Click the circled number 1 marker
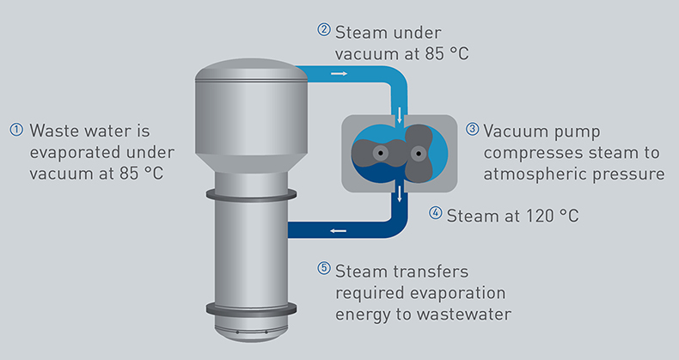tap(15, 131)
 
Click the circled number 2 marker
tap(324, 29)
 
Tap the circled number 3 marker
tap(472, 131)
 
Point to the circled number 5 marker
tap(324, 268)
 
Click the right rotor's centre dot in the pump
tap(419, 153)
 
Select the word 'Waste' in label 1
tap(54, 132)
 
